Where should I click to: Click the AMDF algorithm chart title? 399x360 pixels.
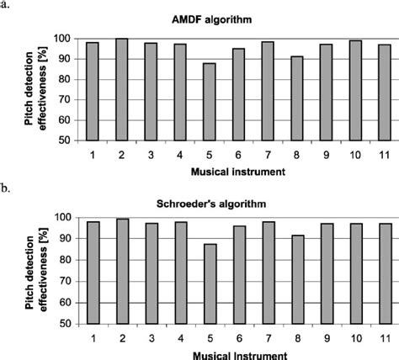(222, 18)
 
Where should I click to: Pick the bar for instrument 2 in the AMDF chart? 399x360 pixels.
(122, 89)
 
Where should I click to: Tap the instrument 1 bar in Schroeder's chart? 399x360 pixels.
(92, 273)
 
